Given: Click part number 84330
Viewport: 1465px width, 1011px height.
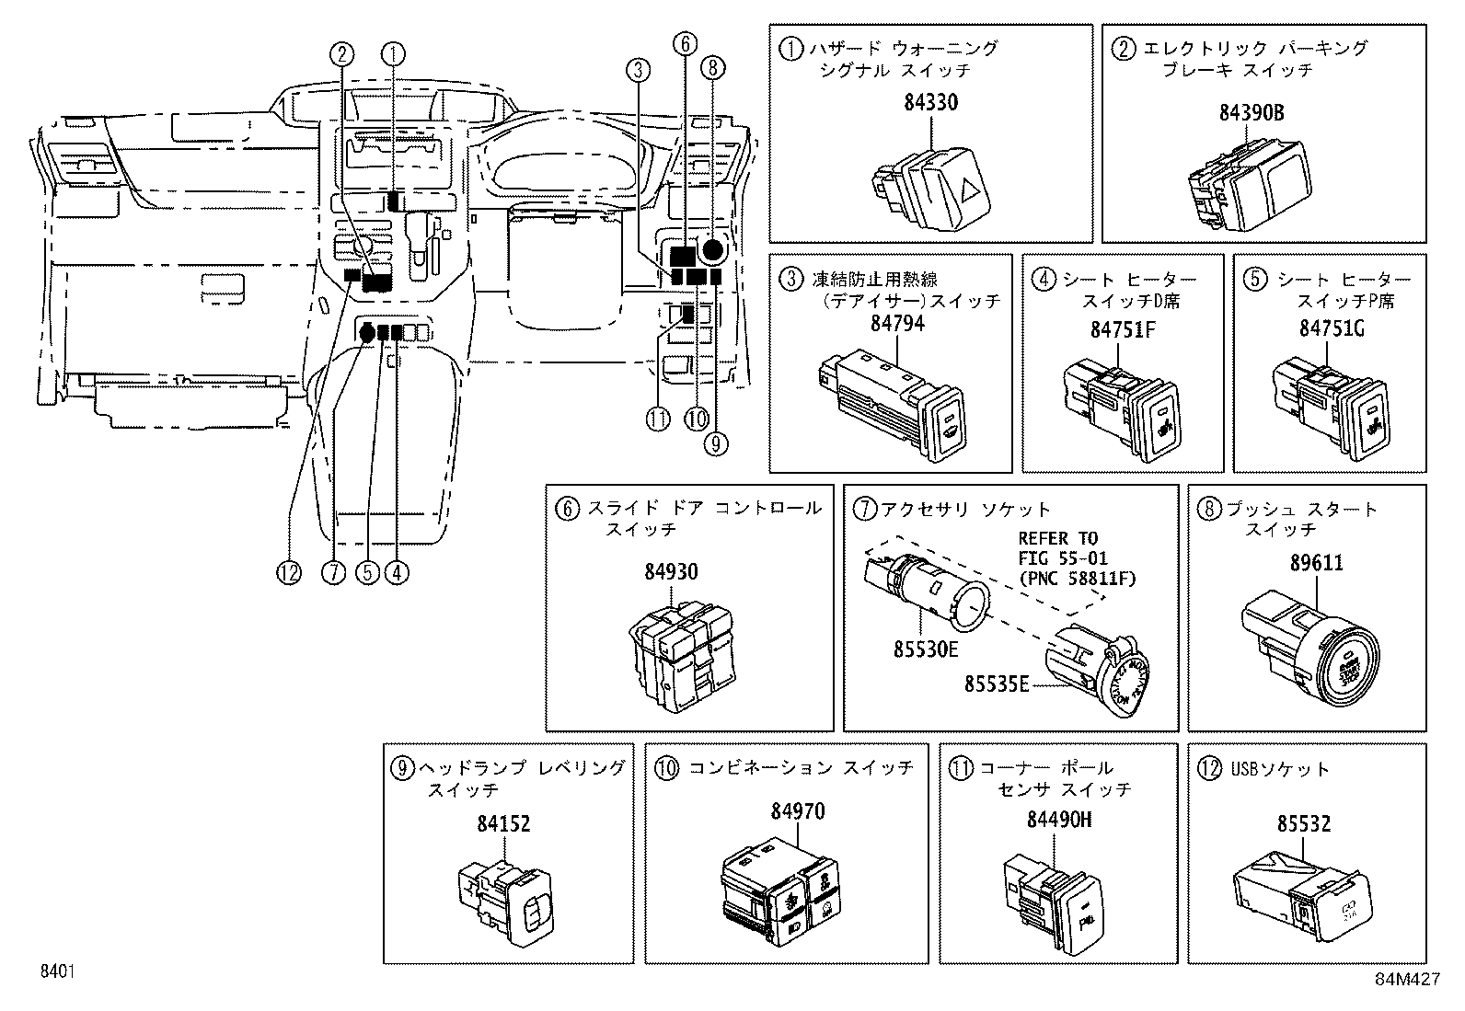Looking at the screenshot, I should point(930,103).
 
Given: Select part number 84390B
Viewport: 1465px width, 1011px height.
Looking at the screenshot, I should point(1252,113).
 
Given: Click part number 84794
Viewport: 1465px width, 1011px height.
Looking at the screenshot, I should point(897,324).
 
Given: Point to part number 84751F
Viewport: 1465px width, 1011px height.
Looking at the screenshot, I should point(1123,329).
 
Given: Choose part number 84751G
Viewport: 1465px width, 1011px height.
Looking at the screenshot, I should point(1332,329).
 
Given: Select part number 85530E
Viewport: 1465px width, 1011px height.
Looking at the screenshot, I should point(926,650).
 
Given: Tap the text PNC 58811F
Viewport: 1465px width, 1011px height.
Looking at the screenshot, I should point(1077,579).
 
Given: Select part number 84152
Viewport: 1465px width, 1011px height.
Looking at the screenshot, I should point(503,824).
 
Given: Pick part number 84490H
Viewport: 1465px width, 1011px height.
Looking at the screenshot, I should point(1059,820).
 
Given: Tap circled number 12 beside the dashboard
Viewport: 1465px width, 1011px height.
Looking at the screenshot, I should point(289,572).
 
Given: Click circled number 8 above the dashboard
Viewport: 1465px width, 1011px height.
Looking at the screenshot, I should point(713,67).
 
